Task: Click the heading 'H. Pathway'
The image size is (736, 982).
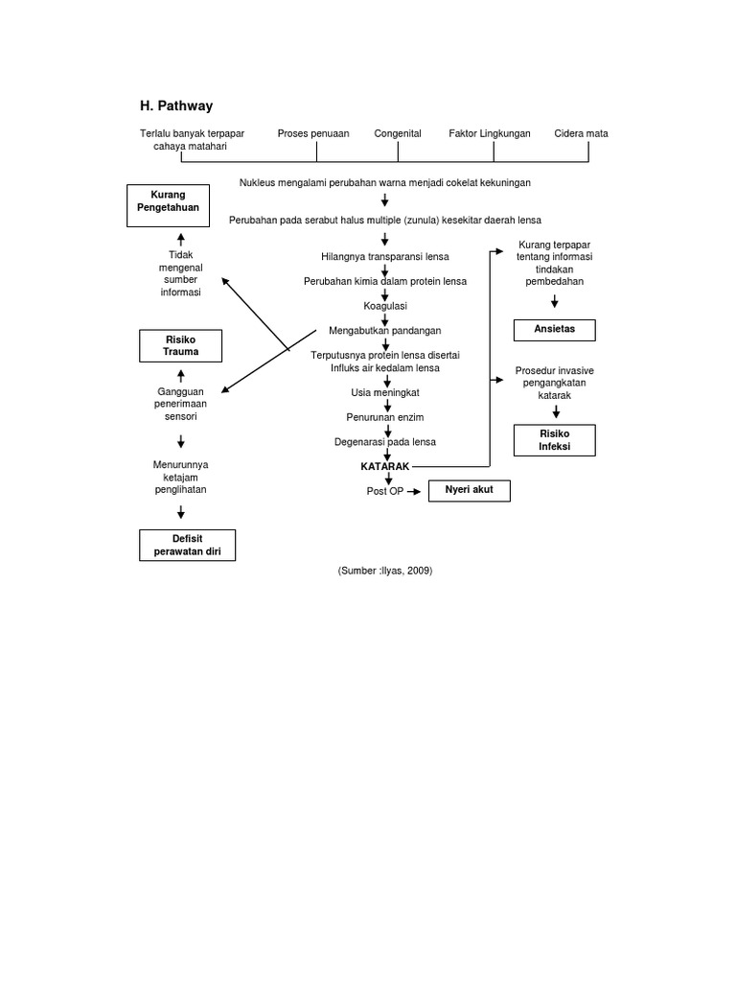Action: [x=177, y=105]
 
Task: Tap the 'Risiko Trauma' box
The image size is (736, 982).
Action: [x=180, y=345]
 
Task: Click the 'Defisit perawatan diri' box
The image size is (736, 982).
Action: [x=188, y=545]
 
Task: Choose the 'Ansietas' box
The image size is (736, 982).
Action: [x=554, y=330]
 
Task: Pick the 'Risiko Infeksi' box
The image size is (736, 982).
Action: [x=554, y=440]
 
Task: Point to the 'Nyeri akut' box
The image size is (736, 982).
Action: [x=469, y=490]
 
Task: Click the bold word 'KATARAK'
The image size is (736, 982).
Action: [x=384, y=466]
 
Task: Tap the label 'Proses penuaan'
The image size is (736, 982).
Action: [x=313, y=133]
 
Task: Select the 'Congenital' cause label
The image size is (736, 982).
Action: [x=398, y=133]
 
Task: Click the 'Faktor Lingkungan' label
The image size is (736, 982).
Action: [x=490, y=133]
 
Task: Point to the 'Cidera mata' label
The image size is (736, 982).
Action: [x=581, y=133]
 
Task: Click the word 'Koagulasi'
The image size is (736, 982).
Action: [x=385, y=306]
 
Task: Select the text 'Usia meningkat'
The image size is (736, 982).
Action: [x=385, y=392]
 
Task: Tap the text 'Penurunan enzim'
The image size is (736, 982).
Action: [x=385, y=417]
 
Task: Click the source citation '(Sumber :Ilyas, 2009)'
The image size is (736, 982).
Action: [x=385, y=571]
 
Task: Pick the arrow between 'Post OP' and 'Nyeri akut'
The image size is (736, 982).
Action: [x=414, y=491]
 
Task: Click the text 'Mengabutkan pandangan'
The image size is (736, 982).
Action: [x=385, y=331]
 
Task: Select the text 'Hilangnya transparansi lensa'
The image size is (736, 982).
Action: [x=385, y=256]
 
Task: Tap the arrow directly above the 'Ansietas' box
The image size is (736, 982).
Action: [x=554, y=302]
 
